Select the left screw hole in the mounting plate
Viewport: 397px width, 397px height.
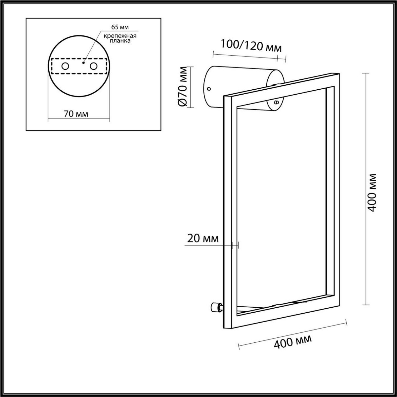pos(65,66)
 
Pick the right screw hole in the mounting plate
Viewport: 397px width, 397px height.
pos(94,66)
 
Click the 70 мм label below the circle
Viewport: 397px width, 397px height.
pos(76,114)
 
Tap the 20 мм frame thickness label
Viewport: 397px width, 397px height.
pos(203,238)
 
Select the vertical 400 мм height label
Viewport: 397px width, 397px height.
pos(373,192)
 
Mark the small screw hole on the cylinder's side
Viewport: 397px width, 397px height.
pos(209,89)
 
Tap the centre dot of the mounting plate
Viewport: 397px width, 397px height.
pos(84,62)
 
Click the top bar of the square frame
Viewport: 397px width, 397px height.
pos(281,84)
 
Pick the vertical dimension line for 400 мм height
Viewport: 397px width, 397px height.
pos(365,189)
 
